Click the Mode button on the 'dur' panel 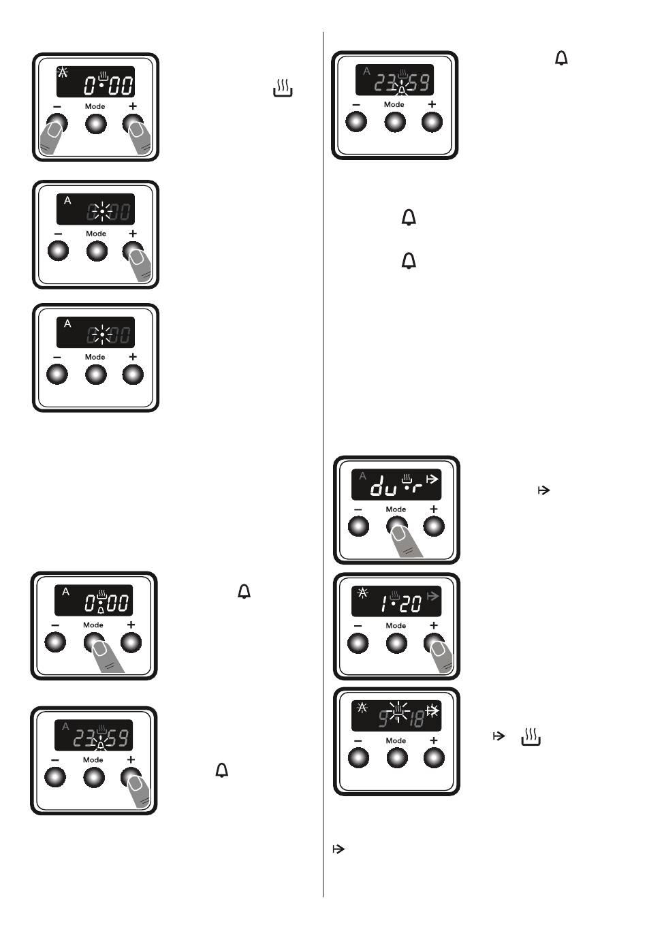point(396,526)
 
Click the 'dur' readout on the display point(395,486)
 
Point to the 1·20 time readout point(401,603)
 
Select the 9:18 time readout point(401,718)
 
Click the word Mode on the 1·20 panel point(396,625)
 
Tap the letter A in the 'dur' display point(363,476)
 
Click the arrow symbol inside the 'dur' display point(432,479)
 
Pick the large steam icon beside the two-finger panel point(283,88)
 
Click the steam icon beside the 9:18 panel point(531,736)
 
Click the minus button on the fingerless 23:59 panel point(357,122)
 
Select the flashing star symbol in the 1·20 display point(362,593)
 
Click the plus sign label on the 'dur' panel point(434,509)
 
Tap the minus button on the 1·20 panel point(358,642)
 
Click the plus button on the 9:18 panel point(434,757)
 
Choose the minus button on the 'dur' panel point(358,526)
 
